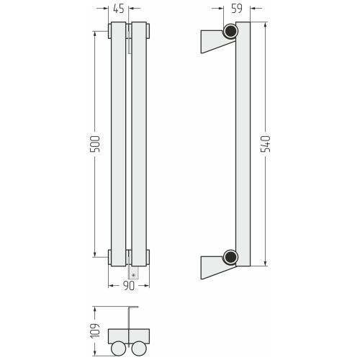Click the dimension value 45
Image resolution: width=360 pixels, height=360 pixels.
pyautogui.click(x=119, y=9)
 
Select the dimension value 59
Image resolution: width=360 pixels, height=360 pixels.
pyautogui.click(x=237, y=9)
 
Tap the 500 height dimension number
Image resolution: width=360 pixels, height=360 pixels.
pyautogui.click(x=94, y=144)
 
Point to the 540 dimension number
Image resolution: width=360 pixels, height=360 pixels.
pyautogui.click(x=266, y=144)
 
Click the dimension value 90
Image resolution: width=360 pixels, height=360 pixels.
pyautogui.click(x=129, y=286)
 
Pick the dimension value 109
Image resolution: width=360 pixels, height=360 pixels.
pyautogui.click(x=95, y=330)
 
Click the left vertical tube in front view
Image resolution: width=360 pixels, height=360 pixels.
pyautogui.click(x=118, y=144)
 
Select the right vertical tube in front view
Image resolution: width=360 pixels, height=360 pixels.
pyautogui.click(x=139, y=144)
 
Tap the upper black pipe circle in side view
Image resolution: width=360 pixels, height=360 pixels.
pyautogui.click(x=230, y=31)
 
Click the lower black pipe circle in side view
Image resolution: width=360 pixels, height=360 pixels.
pyautogui.click(x=230, y=257)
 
